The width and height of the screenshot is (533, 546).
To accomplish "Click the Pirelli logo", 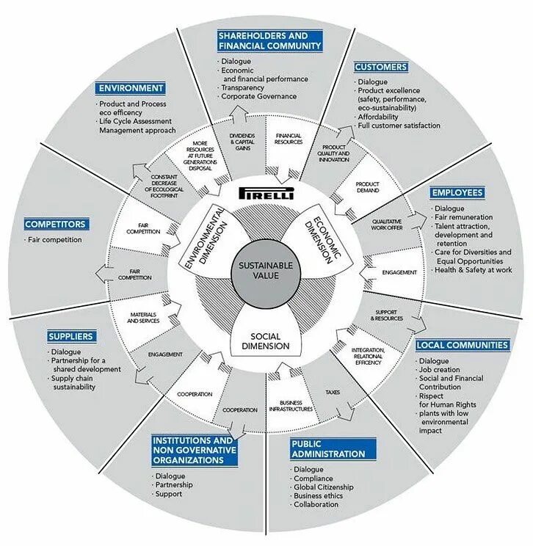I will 266,194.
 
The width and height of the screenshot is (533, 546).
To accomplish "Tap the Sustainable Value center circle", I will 266,271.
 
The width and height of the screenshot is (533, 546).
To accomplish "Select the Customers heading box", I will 380,67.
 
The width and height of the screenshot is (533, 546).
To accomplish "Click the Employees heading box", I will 457,192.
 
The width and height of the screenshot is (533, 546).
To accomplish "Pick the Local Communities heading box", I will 462,344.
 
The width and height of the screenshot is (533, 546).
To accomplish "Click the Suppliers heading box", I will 70,336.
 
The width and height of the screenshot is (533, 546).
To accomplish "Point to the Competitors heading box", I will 55,224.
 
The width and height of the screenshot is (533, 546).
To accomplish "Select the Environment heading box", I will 130,88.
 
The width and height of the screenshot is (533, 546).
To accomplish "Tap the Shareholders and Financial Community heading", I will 270,40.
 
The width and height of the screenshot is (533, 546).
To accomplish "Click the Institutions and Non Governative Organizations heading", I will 195,450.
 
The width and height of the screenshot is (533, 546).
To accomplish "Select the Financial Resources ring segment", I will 289,139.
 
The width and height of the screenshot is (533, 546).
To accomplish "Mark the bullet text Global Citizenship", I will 323,487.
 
